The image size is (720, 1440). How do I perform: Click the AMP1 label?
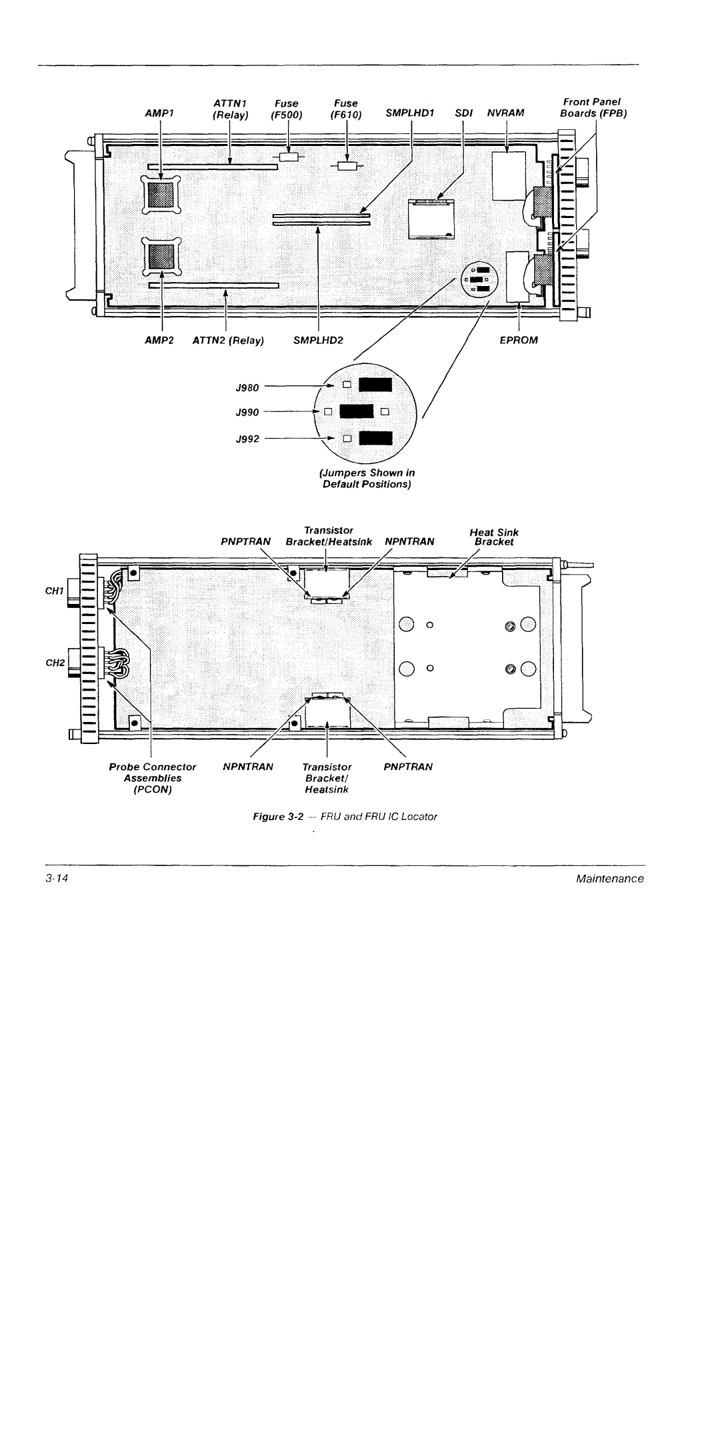[x=159, y=113]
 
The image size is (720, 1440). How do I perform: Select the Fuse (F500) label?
[x=287, y=109]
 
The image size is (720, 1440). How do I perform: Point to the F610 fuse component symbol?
[x=347, y=166]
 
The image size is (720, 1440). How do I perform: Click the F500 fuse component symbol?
[x=289, y=157]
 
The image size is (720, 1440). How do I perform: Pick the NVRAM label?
[x=506, y=113]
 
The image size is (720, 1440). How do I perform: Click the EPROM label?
[x=519, y=340]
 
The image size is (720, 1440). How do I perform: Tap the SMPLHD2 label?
[x=318, y=340]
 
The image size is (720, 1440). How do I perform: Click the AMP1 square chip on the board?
[x=161, y=195]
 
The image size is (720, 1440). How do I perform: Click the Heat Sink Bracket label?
[x=494, y=537]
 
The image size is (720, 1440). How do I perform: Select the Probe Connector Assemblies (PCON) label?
[x=153, y=778]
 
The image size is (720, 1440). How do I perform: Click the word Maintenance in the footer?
[x=610, y=879]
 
